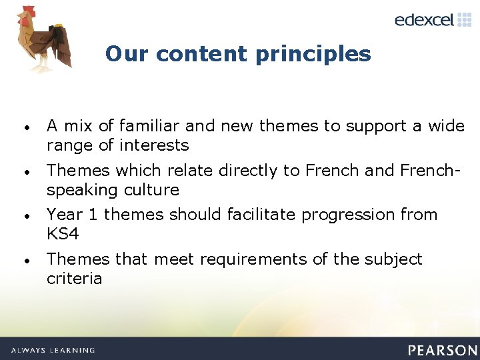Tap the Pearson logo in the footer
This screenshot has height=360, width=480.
coord(443,350)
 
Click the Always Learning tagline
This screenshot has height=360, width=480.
coord(53,350)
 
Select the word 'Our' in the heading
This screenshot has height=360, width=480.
coord(122,53)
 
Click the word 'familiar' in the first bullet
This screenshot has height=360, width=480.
coord(147,126)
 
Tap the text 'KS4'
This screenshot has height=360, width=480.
coord(63,234)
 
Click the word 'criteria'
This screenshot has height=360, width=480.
coord(74,278)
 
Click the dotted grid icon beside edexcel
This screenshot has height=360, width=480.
coord(464,19)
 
